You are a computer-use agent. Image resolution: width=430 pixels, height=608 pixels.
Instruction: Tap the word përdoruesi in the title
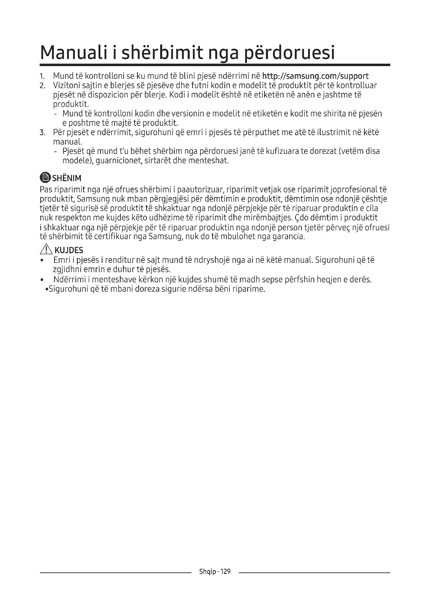289,53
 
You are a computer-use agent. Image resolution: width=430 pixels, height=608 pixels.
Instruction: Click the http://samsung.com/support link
315,76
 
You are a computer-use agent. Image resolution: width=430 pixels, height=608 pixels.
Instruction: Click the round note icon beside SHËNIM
45,178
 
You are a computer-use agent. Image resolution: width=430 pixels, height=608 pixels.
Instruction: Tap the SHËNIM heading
67,178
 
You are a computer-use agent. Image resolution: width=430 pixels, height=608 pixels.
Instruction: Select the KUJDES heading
69,250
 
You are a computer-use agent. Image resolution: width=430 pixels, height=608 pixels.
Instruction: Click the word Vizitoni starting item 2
67,86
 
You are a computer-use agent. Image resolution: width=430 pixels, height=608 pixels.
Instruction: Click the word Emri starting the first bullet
62,260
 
